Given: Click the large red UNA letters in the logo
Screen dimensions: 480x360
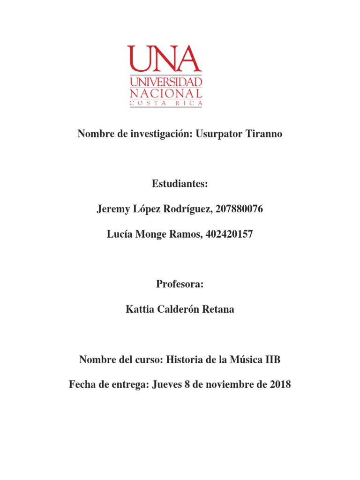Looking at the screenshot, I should coord(165,59).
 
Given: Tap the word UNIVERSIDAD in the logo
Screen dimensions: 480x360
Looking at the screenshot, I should coord(166,82).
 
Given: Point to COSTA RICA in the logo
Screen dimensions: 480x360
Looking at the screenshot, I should coord(166,103).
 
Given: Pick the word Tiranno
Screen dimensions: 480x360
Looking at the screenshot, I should coord(263,135).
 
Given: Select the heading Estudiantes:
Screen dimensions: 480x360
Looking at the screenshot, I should coord(180,184).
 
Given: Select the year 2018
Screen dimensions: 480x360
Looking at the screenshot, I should coord(280,385).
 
